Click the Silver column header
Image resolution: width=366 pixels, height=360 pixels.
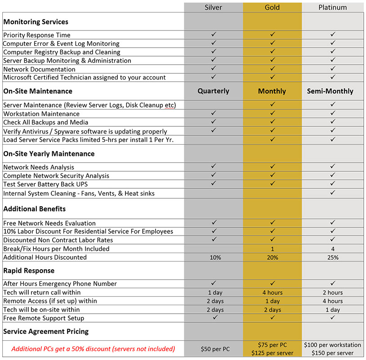(214, 7)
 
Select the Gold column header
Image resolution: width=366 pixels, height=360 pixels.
(272, 7)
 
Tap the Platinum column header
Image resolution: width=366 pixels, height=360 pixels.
(332, 7)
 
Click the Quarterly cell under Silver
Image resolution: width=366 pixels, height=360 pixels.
(214, 91)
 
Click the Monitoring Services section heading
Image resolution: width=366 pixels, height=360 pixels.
(36, 22)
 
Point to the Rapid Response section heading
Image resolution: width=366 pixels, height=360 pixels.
(29, 271)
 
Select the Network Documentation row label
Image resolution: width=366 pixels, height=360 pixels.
(40, 69)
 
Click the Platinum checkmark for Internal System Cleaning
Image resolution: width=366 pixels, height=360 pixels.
(333, 193)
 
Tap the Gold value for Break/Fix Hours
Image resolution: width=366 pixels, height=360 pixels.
(272, 249)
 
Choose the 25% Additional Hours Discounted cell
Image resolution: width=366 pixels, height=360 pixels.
(333, 258)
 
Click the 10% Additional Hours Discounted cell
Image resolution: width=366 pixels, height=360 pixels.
(214, 258)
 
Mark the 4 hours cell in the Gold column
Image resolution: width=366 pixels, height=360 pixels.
(272, 293)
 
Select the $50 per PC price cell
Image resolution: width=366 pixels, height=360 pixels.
(214, 349)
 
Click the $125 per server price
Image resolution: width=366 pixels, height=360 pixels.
(272, 353)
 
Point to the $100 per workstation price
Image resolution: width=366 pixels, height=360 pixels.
(332, 345)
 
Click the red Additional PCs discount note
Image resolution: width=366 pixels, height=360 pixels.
(93, 349)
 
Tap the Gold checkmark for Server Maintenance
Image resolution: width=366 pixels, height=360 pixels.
(272, 104)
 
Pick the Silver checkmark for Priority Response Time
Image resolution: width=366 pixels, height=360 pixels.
(214, 35)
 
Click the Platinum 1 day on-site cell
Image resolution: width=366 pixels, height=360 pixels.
(333, 310)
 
